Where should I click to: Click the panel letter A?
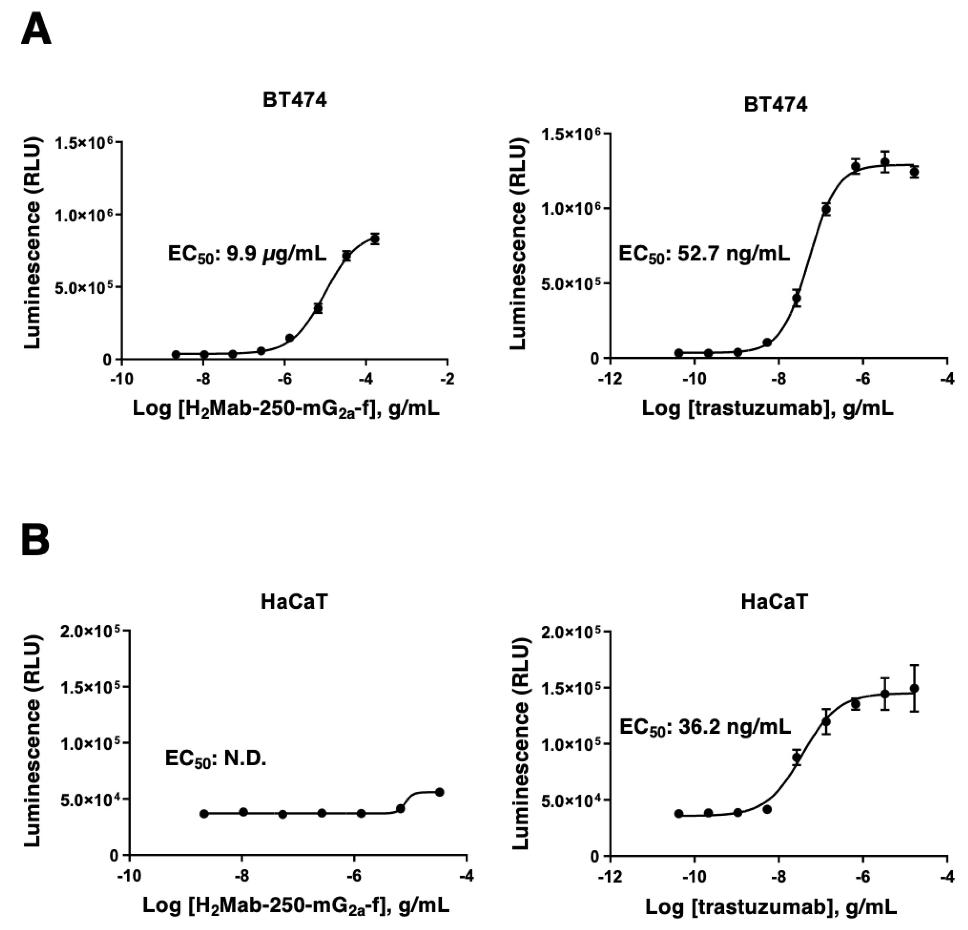[x=36, y=30]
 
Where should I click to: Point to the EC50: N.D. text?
[x=216, y=759]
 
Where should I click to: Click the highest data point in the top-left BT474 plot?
[x=375, y=239]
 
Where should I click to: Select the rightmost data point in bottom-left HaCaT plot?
[x=440, y=792]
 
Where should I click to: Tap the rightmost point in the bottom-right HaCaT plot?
[x=914, y=688]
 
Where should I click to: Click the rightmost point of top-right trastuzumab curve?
[x=914, y=172]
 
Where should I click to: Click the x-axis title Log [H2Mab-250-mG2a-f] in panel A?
[x=286, y=409]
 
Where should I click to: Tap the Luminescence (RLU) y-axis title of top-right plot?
[x=519, y=244]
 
